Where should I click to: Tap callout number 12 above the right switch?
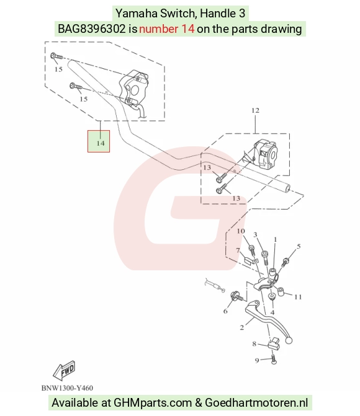255,110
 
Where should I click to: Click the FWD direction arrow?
64,370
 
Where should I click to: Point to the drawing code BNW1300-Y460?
67,388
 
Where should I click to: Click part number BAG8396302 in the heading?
91,29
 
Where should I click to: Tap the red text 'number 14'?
166,29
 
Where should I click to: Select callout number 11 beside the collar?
298,297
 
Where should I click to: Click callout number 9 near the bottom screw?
256,361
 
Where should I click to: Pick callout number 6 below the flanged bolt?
225,311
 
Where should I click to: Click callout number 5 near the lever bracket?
299,247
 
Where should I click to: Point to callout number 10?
241,231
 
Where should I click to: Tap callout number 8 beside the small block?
254,344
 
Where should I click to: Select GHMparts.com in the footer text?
153,403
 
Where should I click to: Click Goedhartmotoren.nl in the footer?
256,402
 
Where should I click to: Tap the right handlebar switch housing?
266,154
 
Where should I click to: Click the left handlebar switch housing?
133,87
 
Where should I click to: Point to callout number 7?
238,250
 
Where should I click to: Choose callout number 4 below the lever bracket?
272,312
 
